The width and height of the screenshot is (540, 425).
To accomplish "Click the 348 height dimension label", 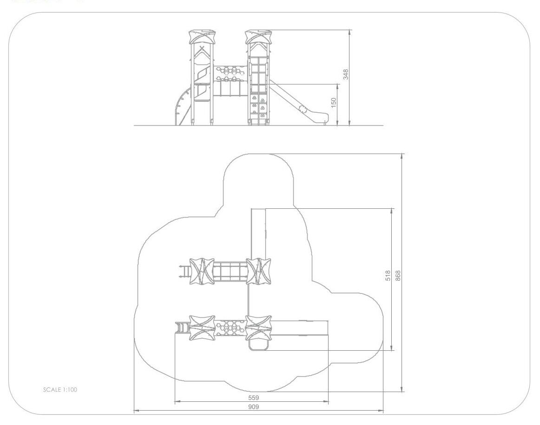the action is point(346,74).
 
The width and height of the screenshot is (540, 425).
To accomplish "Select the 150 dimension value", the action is point(333,103).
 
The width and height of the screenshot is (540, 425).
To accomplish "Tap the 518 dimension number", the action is point(388,276).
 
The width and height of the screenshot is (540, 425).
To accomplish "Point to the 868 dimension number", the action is point(398,276).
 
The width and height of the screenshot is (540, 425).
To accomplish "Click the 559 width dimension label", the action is point(253,398).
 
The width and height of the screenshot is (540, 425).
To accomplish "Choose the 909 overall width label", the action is point(253,407).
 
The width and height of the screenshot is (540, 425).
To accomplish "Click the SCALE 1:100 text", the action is point(60,390).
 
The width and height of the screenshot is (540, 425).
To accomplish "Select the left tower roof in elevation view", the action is point(203,37).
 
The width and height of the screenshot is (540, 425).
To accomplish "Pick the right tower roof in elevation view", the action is point(258,37).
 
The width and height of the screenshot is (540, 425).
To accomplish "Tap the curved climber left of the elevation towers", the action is point(183,107).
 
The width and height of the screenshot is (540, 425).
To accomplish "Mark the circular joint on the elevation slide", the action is point(303,109).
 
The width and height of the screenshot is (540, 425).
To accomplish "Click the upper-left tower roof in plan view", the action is point(202,271).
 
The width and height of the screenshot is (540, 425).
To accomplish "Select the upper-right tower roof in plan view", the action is point(258,271).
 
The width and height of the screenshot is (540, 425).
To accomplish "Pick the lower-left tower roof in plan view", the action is point(202,328).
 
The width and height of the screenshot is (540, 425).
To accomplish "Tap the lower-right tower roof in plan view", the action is point(258,328).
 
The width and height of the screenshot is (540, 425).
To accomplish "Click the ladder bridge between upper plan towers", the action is point(230,271).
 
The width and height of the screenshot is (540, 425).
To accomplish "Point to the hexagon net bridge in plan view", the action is point(230,328).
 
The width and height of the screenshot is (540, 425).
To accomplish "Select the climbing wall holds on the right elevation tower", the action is point(258,106).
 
